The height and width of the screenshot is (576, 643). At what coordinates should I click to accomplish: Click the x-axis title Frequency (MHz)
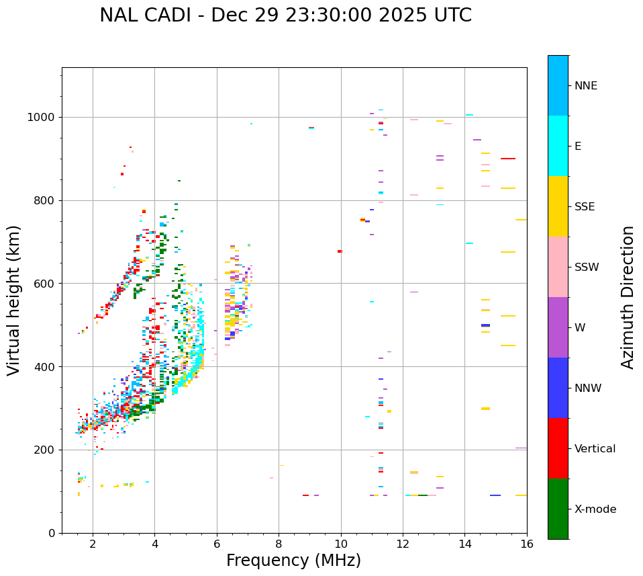pos(293,561)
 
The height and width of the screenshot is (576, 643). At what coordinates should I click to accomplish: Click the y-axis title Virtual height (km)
pos(14,300)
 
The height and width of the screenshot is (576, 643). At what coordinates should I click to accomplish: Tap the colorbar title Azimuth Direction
pos(628,296)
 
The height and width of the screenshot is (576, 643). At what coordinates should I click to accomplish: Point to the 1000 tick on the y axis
pos(44,117)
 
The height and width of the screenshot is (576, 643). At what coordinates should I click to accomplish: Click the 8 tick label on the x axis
pos(279,543)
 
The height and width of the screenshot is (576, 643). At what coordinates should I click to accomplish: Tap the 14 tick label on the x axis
pos(465,543)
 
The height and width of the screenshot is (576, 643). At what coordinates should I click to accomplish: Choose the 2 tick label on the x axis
pos(93,543)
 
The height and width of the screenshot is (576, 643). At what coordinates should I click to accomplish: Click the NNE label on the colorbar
pos(585,86)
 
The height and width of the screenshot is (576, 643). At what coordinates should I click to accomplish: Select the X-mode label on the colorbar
pos(595,509)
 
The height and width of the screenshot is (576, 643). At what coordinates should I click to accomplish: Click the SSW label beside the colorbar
pos(587,268)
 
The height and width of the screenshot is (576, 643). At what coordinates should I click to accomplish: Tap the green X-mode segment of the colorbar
pos(558,509)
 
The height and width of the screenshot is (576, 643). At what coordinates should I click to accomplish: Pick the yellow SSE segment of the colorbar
pos(558,206)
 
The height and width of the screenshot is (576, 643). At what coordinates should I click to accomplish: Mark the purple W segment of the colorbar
pos(558,327)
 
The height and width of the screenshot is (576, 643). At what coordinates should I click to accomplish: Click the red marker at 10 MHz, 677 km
pos(340,251)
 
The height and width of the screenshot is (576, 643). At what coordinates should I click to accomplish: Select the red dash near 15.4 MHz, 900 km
pos(508,159)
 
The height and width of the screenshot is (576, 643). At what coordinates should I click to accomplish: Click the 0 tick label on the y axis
pos(53,533)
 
